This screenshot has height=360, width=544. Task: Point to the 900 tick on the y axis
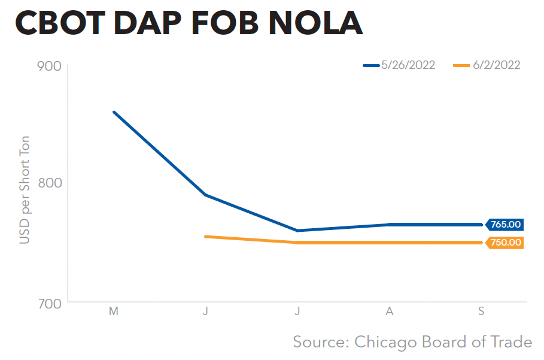50,65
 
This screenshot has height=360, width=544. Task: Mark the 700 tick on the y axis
50,302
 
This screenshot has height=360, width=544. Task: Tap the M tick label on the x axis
113,311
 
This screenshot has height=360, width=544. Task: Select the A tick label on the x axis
390,311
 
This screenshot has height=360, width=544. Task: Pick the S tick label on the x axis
481,311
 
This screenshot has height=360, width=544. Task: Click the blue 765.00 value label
505,225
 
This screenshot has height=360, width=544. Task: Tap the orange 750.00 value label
505,243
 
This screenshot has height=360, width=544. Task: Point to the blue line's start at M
114,112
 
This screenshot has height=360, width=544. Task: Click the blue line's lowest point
297,231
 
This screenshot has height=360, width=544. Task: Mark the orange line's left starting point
206,237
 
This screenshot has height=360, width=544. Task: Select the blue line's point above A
390,225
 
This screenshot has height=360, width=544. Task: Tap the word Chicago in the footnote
385,342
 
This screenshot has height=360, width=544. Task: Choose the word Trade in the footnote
511,342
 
